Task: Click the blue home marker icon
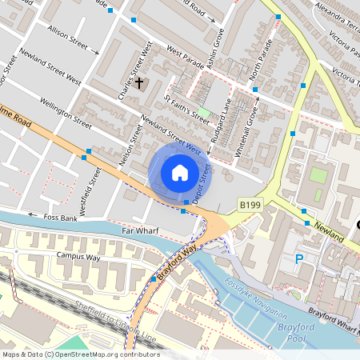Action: (180, 173)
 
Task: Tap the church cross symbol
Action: (139, 82)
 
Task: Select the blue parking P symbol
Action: (299, 258)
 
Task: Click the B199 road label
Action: (250, 206)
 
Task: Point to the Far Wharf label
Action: (138, 230)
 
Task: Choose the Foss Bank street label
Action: (61, 216)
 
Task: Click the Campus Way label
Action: (78, 256)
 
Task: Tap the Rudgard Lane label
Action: (224, 119)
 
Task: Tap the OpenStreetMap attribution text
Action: (80, 354)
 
